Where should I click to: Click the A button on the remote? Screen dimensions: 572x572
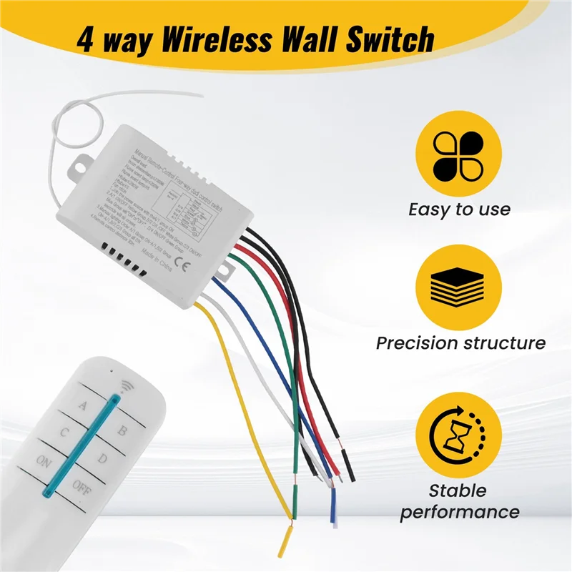[x=82, y=407]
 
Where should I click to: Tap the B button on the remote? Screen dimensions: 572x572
[x=122, y=430]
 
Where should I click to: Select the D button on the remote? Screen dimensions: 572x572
[x=102, y=458]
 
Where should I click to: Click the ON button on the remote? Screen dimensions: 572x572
[x=44, y=461]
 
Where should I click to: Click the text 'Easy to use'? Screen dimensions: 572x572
[x=459, y=209]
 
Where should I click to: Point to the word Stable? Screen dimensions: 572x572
[x=458, y=491]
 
